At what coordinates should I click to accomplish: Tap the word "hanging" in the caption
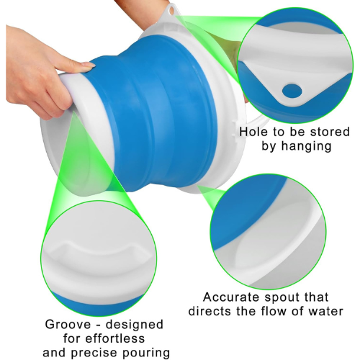click(x=307, y=146)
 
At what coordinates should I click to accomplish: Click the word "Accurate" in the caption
click(x=232, y=297)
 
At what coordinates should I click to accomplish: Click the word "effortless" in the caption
click(x=115, y=338)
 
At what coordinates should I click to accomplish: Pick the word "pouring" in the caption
click(x=146, y=354)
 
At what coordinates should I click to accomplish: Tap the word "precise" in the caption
click(x=95, y=354)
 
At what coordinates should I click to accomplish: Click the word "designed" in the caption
click(x=135, y=325)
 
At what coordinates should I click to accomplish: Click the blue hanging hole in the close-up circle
click(x=292, y=91)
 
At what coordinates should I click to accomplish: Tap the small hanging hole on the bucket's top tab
click(x=171, y=10)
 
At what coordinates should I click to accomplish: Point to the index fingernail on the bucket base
click(x=88, y=65)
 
